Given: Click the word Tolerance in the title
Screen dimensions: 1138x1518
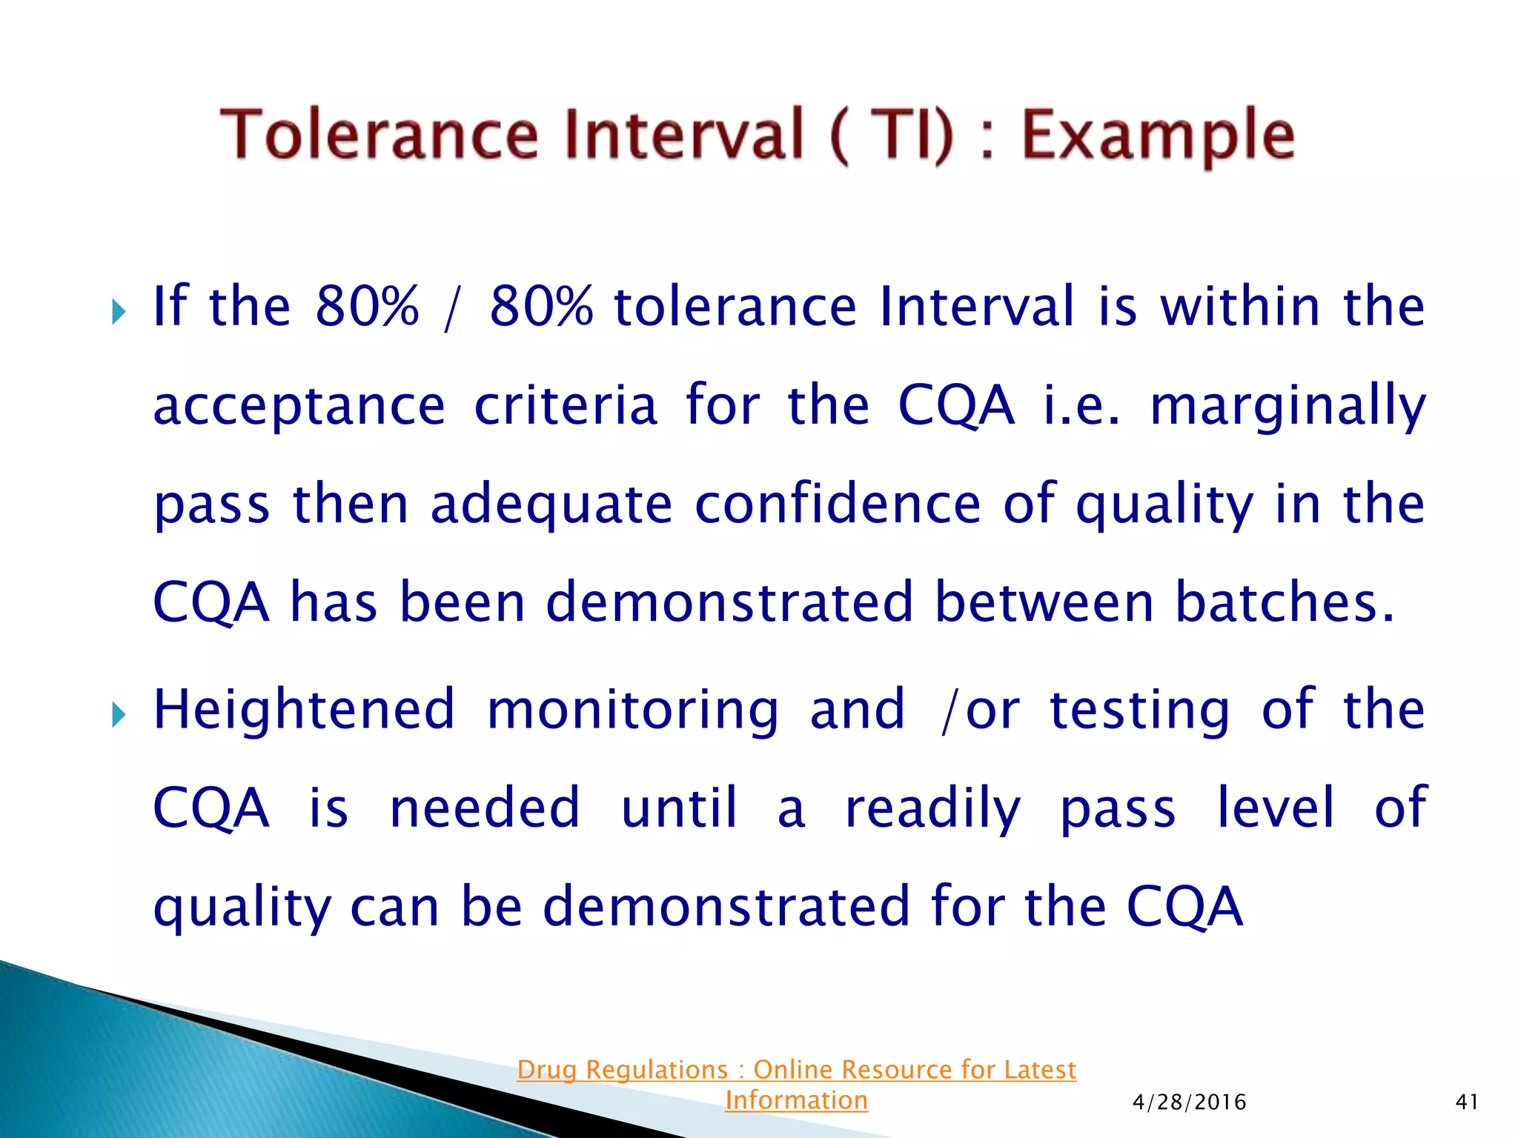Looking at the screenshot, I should [x=379, y=134].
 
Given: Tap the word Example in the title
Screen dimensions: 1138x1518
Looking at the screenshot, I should [x=1159, y=136].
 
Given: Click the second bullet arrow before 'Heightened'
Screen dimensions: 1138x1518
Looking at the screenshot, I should [x=119, y=715].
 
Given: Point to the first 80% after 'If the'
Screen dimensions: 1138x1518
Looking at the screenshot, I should [x=367, y=306].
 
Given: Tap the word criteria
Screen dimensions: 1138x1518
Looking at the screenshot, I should [x=566, y=406].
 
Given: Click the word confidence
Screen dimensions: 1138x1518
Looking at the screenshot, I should [x=838, y=504].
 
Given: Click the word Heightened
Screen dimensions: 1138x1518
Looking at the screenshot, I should [x=304, y=711].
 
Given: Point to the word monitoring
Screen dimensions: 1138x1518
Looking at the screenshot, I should [x=633, y=711].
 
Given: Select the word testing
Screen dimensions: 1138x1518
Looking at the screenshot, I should [x=1140, y=711].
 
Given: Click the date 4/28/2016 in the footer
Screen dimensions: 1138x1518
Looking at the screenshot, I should [x=1189, y=1102].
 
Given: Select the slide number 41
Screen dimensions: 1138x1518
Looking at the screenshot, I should [x=1467, y=1102].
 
